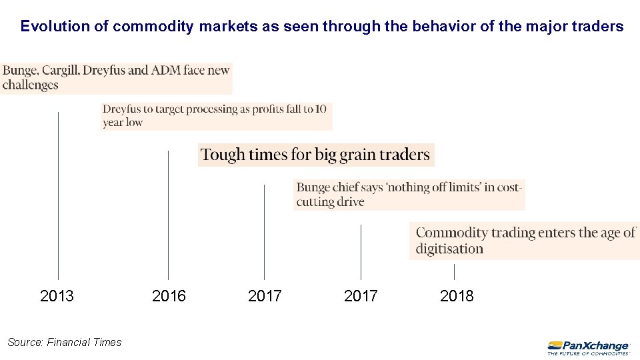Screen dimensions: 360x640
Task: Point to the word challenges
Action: point(31,85)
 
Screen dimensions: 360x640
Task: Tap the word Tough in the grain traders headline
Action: point(223,155)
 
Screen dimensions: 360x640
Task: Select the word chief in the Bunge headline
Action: point(347,187)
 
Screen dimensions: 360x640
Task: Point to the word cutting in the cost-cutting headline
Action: point(315,202)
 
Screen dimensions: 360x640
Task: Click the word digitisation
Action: point(449,249)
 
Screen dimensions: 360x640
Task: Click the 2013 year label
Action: point(57,296)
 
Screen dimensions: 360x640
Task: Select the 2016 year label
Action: point(169,296)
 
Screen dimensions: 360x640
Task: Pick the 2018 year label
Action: point(457,296)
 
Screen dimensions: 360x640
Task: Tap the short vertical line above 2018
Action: point(454,271)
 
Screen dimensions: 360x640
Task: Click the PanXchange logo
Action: point(588,347)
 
